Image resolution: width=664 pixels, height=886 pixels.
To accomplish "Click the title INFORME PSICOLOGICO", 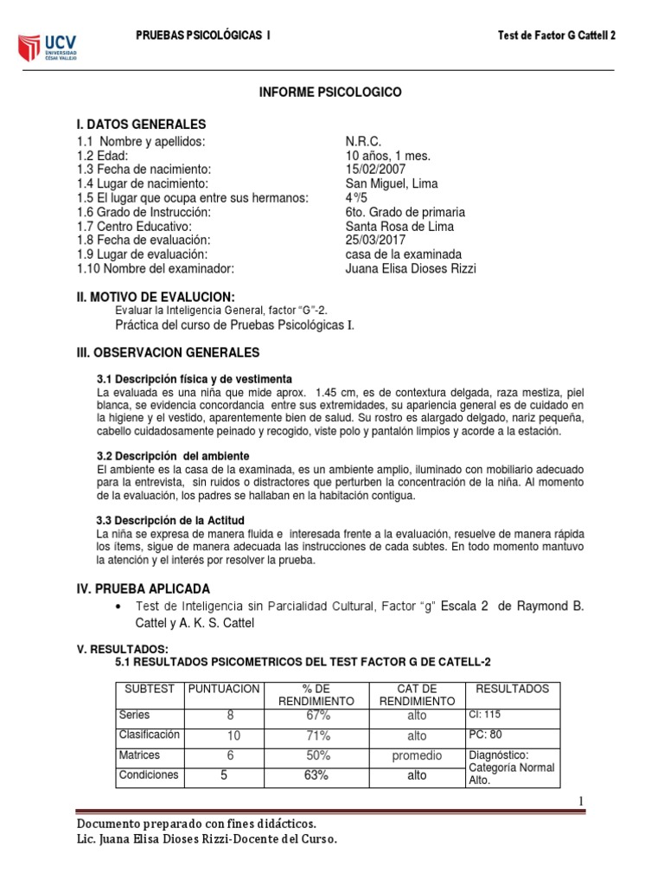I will click(x=331, y=93).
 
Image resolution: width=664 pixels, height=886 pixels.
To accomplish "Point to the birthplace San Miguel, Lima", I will click(x=391, y=183).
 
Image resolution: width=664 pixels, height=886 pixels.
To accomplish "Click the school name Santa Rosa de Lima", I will click(x=399, y=226).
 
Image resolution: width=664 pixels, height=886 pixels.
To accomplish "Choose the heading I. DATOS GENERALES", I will click(x=142, y=125).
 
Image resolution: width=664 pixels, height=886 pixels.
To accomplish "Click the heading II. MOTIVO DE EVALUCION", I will click(x=156, y=297).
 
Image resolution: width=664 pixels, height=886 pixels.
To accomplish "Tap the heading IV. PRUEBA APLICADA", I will click(x=144, y=588).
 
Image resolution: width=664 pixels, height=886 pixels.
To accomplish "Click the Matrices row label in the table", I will click(x=139, y=754).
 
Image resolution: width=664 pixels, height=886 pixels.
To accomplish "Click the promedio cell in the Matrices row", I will click(x=417, y=755).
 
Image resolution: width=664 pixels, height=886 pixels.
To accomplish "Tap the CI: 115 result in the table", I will click(x=484, y=715).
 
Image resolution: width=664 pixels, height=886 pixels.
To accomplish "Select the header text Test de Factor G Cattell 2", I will click(x=558, y=35).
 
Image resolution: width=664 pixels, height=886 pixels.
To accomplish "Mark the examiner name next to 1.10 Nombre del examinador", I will click(x=410, y=268).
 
